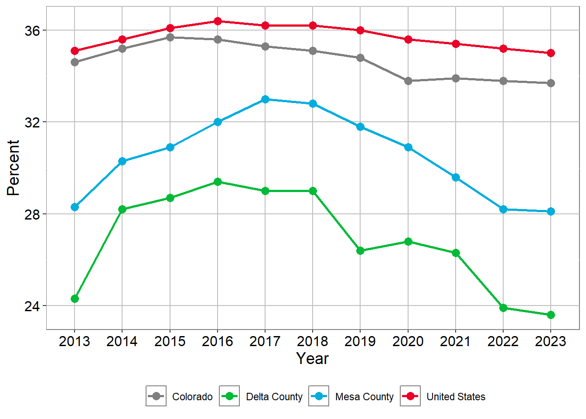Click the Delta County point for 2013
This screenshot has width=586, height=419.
click(x=75, y=299)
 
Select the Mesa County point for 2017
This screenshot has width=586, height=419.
click(x=265, y=100)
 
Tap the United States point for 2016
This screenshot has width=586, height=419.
click(x=218, y=21)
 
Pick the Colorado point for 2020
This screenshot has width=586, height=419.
click(x=408, y=81)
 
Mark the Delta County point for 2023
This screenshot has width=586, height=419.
click(x=551, y=315)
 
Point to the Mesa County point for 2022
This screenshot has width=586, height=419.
click(x=503, y=209)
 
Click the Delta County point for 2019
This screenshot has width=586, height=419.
click(x=360, y=251)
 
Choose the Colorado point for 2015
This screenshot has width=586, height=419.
click(x=170, y=38)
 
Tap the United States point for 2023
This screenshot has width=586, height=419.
click(x=551, y=53)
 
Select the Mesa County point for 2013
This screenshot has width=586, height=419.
click(x=75, y=207)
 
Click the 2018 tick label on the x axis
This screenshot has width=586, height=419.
click(x=313, y=341)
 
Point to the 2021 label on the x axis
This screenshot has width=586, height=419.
click(x=455, y=341)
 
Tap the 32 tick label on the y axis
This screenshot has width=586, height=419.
click(x=32, y=123)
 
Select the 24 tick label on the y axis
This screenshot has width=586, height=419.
click(x=32, y=306)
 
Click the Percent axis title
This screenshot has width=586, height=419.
click(x=14, y=168)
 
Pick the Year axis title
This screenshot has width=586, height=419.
click(x=313, y=359)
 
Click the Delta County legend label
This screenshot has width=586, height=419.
click(x=274, y=397)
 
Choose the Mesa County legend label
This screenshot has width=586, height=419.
click(x=364, y=397)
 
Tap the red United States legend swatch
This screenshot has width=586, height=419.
click(x=410, y=396)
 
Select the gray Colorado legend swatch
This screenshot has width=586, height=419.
click(x=156, y=396)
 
